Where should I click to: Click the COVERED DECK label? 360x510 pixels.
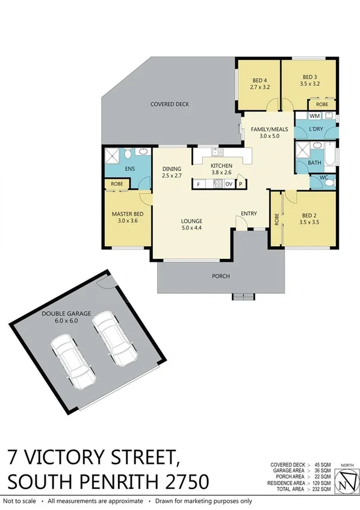tap(169, 104)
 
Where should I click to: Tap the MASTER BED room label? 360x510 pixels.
tap(126, 214)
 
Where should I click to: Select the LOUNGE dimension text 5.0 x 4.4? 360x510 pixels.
tap(193, 228)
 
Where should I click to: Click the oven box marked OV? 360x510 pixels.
tap(229, 184)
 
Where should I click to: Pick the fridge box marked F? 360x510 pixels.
tap(198, 184)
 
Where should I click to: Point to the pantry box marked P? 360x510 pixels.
tap(240, 184)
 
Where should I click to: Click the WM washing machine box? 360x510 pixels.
tap(315, 115)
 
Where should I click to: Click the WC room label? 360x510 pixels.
tap(324, 178)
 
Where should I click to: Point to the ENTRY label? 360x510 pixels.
tap(249, 213)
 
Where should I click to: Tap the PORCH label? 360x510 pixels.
tap(220, 276)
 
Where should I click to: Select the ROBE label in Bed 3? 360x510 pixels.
tap(323, 103)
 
